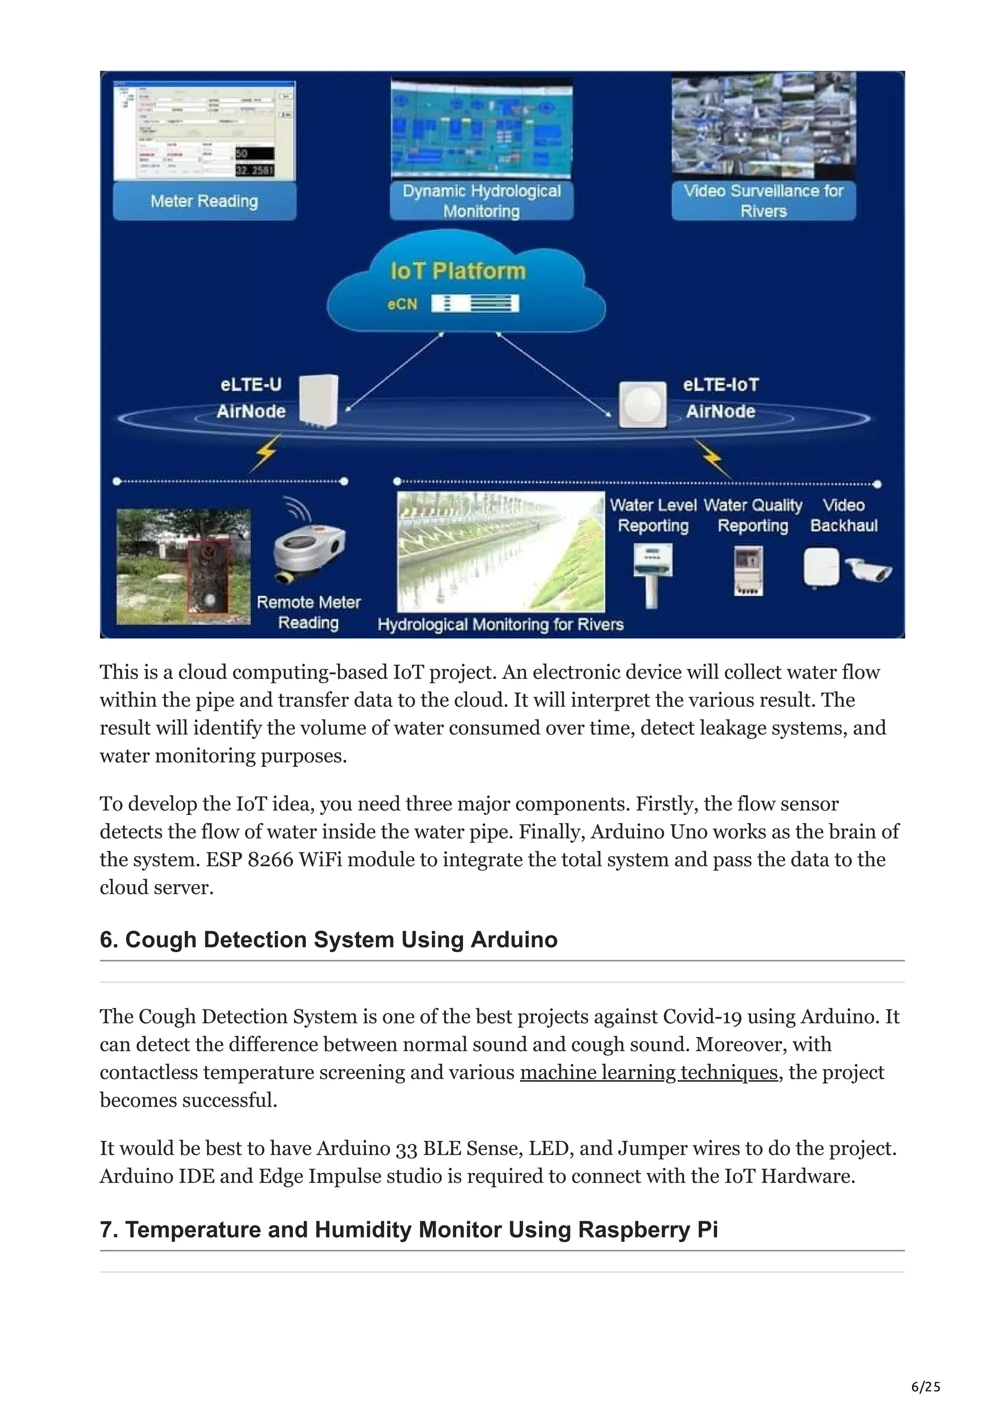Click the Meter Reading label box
(204, 201)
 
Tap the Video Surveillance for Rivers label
(763, 201)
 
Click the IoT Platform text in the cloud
(458, 271)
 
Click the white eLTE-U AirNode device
(319, 401)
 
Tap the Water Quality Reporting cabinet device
(748, 572)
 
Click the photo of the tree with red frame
(184, 566)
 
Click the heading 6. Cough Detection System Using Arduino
(328, 939)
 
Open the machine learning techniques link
(648, 1072)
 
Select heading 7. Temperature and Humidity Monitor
(409, 1229)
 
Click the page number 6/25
(925, 1387)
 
